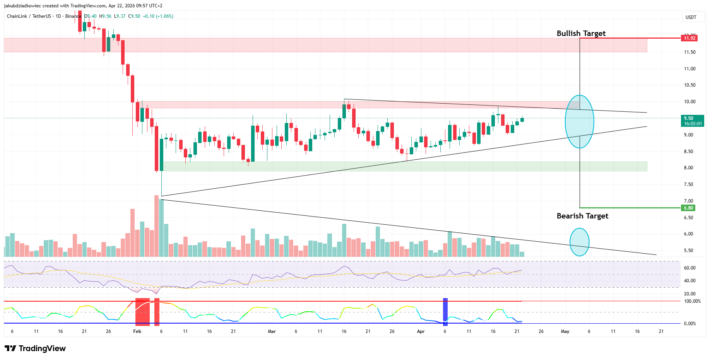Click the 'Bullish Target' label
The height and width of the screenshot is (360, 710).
point(581,34)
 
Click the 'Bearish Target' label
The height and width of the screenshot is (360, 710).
point(582,216)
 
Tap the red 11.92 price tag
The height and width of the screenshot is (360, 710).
point(689,38)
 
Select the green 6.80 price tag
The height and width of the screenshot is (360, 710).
point(688,208)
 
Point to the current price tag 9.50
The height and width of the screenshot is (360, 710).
point(692,121)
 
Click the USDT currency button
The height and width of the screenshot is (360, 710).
point(691,17)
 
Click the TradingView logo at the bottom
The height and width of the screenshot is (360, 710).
point(35,348)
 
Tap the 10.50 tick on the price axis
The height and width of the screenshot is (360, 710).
point(689,85)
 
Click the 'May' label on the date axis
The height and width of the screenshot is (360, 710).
point(565,331)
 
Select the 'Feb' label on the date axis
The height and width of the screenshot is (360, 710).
point(137,331)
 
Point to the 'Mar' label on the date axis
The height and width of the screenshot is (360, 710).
point(272,331)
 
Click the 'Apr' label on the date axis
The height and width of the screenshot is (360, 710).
point(421,331)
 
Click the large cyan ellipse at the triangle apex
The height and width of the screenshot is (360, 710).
point(579,121)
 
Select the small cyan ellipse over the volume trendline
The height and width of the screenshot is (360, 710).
point(579,242)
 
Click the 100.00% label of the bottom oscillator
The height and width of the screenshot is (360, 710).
point(692,301)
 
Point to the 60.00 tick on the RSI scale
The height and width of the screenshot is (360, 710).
point(689,268)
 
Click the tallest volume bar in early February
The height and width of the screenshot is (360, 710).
point(156,226)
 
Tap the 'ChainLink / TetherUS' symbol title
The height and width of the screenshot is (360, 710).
point(29,16)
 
